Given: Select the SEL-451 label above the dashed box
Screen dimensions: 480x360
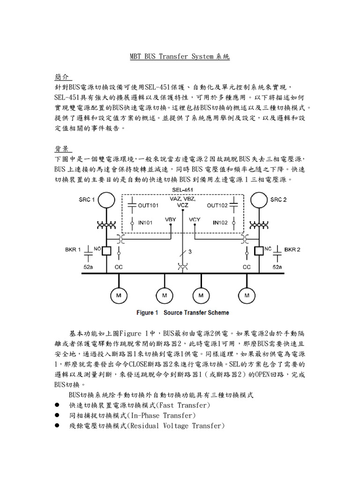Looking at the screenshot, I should (183, 190).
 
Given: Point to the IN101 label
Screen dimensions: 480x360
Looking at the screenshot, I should (145, 223).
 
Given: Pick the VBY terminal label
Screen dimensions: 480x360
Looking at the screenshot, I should (171, 219).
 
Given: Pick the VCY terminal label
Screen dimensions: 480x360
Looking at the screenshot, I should (195, 219).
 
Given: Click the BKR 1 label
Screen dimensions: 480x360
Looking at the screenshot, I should (73, 250).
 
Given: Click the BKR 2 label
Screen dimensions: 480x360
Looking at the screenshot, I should (292, 250).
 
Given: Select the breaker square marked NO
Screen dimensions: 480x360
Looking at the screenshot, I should (106, 251).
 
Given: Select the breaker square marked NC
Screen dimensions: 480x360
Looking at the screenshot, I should (257, 251).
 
